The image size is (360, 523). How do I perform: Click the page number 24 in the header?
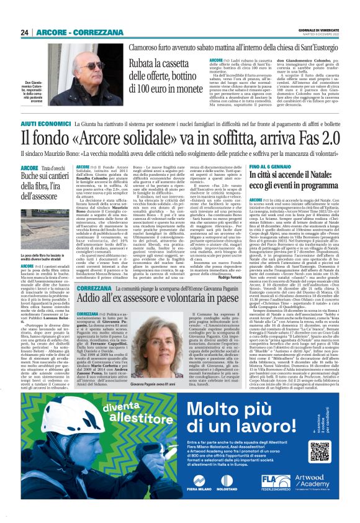(x=25, y=32)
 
